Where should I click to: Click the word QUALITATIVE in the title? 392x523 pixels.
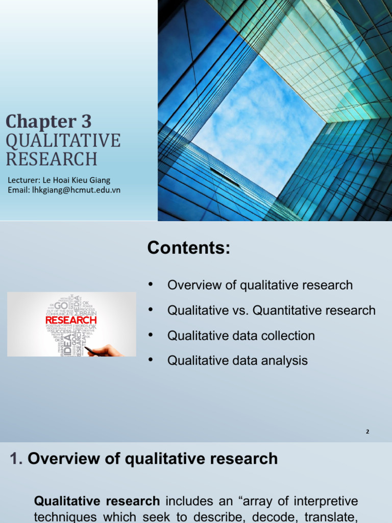pos(63,140)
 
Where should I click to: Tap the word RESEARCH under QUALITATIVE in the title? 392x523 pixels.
pos(52,159)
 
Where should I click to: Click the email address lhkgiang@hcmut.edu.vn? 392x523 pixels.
pos(82,190)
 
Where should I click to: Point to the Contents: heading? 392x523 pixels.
pos(189,248)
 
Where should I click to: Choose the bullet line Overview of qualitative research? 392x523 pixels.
pos(260,285)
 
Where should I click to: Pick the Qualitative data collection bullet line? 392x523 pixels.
pos(241,336)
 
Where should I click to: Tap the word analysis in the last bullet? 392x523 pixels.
pos(282,361)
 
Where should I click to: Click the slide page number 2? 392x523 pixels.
pos(367,432)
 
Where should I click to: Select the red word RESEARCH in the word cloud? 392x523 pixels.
pos(71,320)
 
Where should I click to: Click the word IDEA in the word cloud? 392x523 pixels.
pos(68,343)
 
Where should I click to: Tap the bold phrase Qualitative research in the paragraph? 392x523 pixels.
pos(96,501)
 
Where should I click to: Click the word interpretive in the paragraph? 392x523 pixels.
pos(327,501)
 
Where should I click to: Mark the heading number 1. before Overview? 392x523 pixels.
pos(17,459)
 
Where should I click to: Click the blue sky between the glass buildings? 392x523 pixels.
pos(255,128)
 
